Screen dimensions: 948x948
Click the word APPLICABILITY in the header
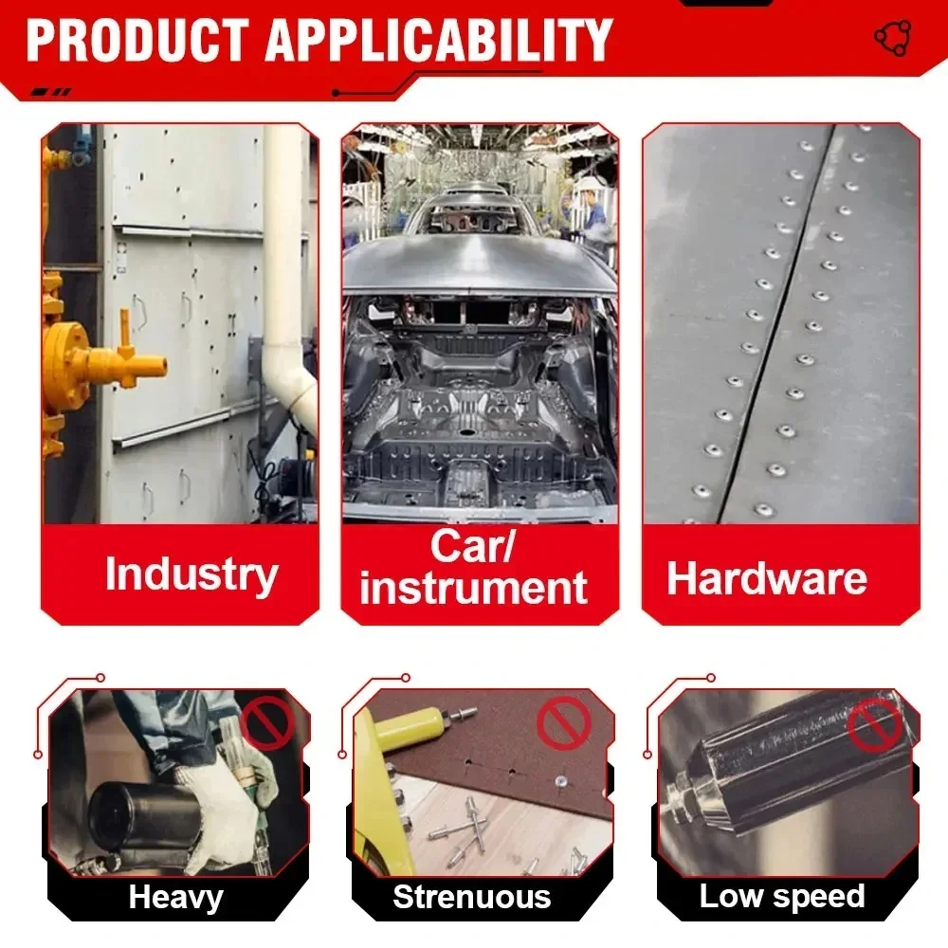pyautogui.click(x=439, y=40)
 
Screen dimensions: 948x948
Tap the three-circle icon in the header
pyautogui.click(x=892, y=38)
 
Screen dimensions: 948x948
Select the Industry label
pyautogui.click(x=191, y=574)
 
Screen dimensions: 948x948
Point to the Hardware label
pyautogui.click(x=767, y=578)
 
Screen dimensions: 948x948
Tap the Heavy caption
pyautogui.click(x=176, y=897)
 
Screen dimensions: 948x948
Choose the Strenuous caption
pyautogui.click(x=471, y=896)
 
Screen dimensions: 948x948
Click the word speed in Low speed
pyautogui.click(x=818, y=897)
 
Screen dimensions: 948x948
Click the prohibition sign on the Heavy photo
pyautogui.click(x=266, y=722)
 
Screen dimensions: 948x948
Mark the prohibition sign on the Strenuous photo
pyautogui.click(x=563, y=723)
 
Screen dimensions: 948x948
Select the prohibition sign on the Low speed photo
pyautogui.click(x=874, y=723)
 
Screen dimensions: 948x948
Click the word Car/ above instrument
pyautogui.click(x=472, y=545)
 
